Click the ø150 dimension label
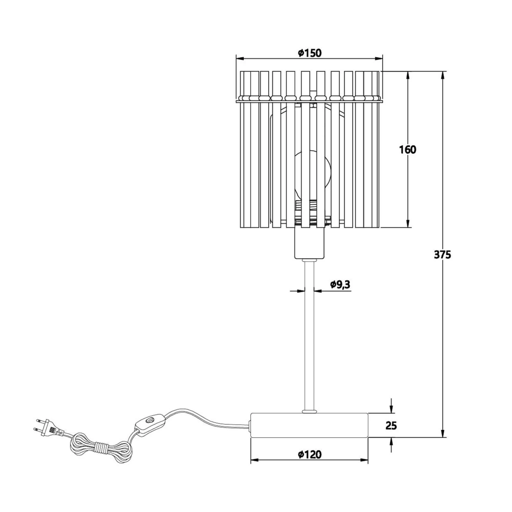(x=309, y=53)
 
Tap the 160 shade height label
(x=408, y=150)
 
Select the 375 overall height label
(x=442, y=255)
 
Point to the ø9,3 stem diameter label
(x=340, y=284)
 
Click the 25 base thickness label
(x=391, y=425)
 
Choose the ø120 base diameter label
(x=309, y=454)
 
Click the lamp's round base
(x=309, y=425)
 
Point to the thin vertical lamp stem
(x=309, y=335)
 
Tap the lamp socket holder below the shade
(x=309, y=243)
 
